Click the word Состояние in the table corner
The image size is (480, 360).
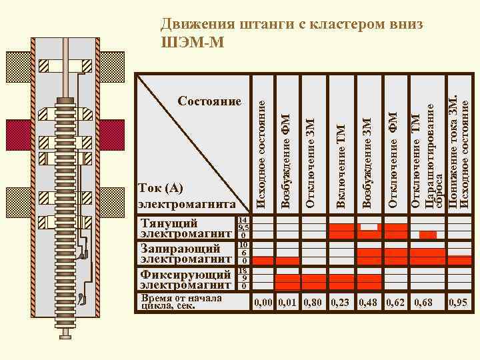(x=209, y=101)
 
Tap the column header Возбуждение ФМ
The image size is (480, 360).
(x=287, y=160)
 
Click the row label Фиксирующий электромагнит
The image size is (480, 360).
(x=184, y=279)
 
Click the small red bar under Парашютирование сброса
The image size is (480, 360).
(x=427, y=235)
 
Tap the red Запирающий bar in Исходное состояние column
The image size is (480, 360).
(x=263, y=260)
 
